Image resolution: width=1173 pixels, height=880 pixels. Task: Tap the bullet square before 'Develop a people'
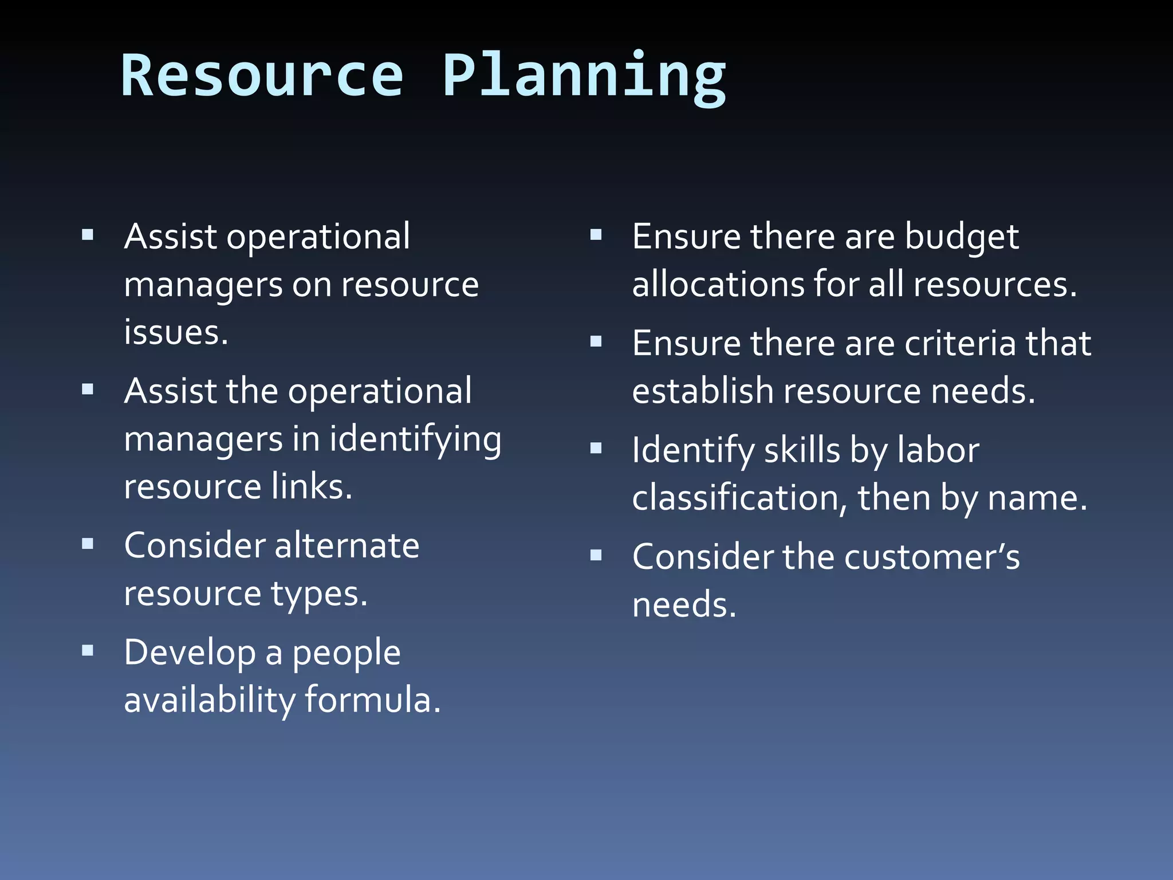point(88,650)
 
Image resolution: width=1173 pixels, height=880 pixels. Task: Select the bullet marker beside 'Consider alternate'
point(88,543)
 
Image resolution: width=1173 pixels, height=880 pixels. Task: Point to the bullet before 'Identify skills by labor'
point(596,448)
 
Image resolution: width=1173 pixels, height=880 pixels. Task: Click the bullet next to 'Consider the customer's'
point(596,555)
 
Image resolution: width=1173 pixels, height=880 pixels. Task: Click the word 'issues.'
point(176,332)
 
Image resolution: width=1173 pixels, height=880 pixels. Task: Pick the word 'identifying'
point(415,439)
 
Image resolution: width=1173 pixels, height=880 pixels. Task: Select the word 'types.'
point(319,594)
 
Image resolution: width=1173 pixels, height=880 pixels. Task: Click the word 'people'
point(346,654)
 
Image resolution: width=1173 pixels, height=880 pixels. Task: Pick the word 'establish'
point(703,391)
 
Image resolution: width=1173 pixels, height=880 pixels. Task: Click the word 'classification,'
point(739,498)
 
